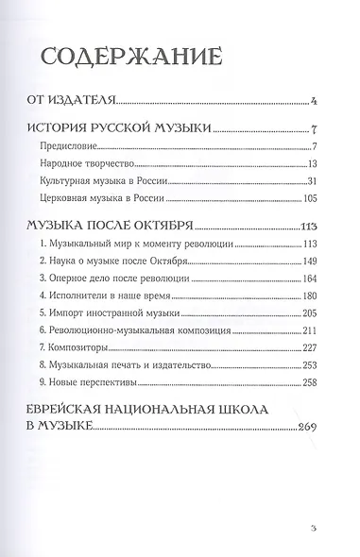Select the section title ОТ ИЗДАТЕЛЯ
71,97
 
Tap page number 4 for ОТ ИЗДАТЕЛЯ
323,97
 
